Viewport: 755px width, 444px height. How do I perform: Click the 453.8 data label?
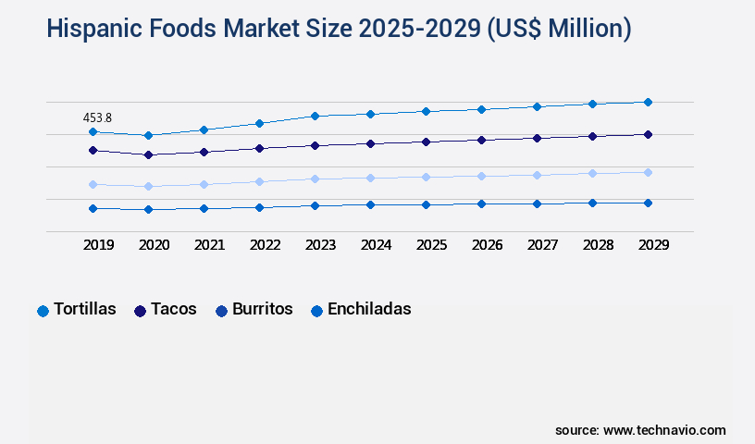tap(97, 117)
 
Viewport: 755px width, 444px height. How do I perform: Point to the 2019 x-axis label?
tap(98, 245)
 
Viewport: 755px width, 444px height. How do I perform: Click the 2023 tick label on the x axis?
tap(320, 245)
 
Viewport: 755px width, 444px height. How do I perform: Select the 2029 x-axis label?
tap(653, 245)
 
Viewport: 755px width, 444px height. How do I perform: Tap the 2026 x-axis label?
tap(487, 245)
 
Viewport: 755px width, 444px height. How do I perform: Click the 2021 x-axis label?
tap(209, 245)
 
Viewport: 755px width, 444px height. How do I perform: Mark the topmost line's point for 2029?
tap(648, 102)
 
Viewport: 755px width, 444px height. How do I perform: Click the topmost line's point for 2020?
tap(148, 135)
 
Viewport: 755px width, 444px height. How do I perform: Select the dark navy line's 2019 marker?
tap(93, 150)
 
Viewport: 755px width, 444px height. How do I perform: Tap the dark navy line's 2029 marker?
tap(648, 134)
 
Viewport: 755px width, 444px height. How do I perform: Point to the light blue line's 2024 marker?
tap(370, 178)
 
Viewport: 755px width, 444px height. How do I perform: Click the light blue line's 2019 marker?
tap(93, 184)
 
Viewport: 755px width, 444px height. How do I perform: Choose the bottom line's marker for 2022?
tap(259, 207)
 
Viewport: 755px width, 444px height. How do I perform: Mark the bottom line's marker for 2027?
tap(537, 203)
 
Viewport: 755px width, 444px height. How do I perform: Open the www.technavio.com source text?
tap(664, 430)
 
